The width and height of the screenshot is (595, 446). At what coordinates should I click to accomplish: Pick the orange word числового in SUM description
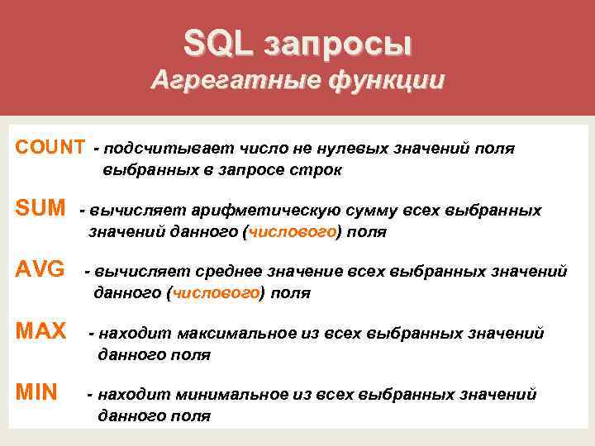[x=290, y=232]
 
